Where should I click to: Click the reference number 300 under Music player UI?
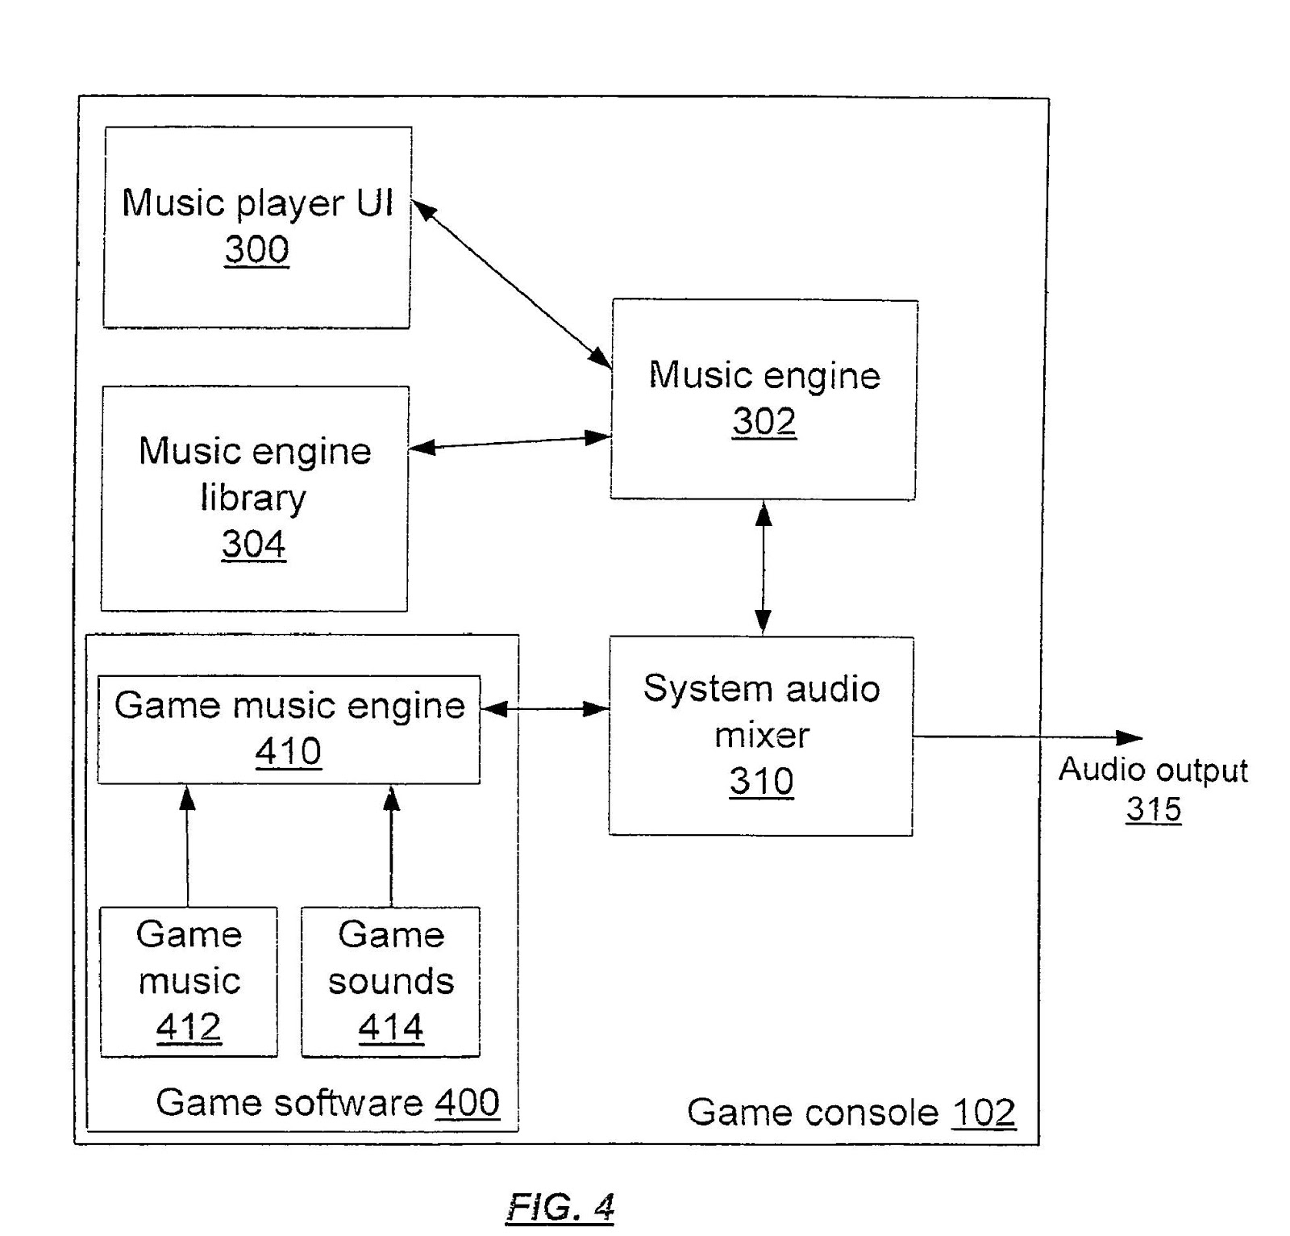coord(256,249)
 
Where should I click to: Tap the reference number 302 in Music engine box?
coord(764,421)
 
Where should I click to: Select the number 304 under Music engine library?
coord(253,544)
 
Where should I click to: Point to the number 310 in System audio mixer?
coord(761,781)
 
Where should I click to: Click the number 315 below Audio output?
coord(1153,809)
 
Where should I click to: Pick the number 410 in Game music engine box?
coord(288,752)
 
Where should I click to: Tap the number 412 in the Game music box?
coord(189,1027)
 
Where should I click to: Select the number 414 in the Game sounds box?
coord(390,1027)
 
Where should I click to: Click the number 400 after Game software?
coord(467,1103)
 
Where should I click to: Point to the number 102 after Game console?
coord(983,1113)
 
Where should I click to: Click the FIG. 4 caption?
coord(560,1208)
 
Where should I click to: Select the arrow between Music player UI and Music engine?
coord(511,284)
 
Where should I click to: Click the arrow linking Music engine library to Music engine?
coord(510,443)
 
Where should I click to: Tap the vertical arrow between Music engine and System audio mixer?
coord(763,566)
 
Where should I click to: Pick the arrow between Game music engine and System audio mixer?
coord(545,709)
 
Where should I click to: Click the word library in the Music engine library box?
coord(253,498)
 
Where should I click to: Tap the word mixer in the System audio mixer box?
coord(761,735)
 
